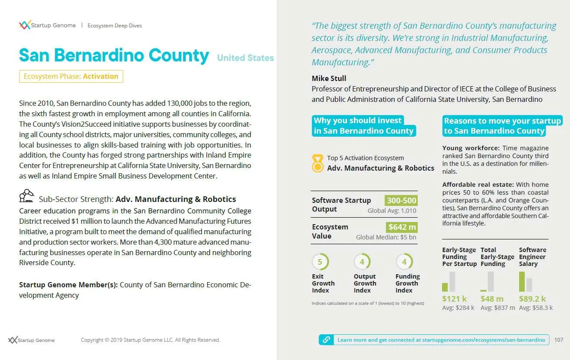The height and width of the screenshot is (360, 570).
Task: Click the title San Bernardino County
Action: (114, 56)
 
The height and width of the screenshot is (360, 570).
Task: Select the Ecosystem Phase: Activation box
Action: (71, 76)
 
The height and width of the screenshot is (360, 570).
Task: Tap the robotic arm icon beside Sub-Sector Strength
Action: (27, 196)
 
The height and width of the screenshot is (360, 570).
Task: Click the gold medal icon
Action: (318, 163)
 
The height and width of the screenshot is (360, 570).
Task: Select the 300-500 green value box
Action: (401, 201)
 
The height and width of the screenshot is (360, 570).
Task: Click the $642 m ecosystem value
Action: (402, 227)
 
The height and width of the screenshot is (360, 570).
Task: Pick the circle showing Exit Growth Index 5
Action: (320, 262)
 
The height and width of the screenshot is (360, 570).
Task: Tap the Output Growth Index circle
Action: (362, 262)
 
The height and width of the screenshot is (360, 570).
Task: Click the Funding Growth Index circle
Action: (404, 262)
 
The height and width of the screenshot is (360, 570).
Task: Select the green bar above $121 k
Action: (445, 287)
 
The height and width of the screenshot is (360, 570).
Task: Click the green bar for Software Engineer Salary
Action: (522, 281)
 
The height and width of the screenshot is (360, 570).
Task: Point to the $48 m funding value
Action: (492, 299)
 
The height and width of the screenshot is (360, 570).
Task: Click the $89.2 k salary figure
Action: (532, 299)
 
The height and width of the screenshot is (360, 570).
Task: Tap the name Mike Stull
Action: (329, 78)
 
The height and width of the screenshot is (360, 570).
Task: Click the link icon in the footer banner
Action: (326, 340)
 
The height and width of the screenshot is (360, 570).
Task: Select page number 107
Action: (559, 340)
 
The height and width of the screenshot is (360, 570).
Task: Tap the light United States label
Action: (245, 58)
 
